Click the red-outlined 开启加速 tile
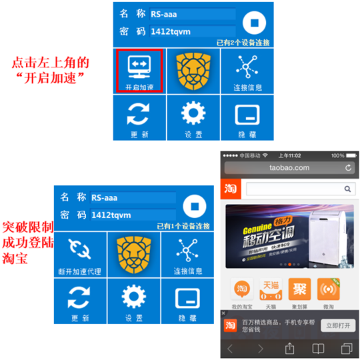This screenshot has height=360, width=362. point(140,71)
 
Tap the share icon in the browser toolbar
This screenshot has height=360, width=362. point(290,348)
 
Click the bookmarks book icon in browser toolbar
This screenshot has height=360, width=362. point(319,348)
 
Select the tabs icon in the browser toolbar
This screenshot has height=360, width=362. point(346,348)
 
